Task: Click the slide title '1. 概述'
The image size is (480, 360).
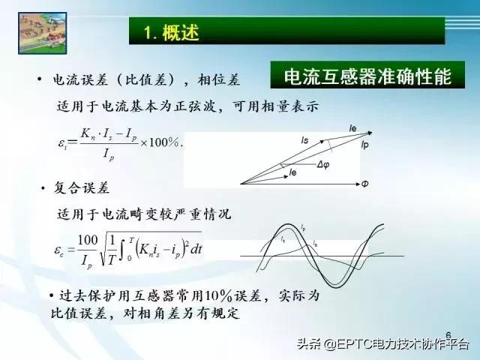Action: click(172, 32)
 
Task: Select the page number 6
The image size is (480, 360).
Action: click(448, 334)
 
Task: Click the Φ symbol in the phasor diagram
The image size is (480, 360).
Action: click(364, 184)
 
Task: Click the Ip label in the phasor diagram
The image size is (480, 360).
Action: click(364, 143)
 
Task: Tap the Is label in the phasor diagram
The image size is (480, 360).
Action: click(304, 140)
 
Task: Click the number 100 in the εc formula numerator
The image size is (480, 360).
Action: click(87, 239)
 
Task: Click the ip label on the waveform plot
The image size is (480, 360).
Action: click(303, 227)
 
